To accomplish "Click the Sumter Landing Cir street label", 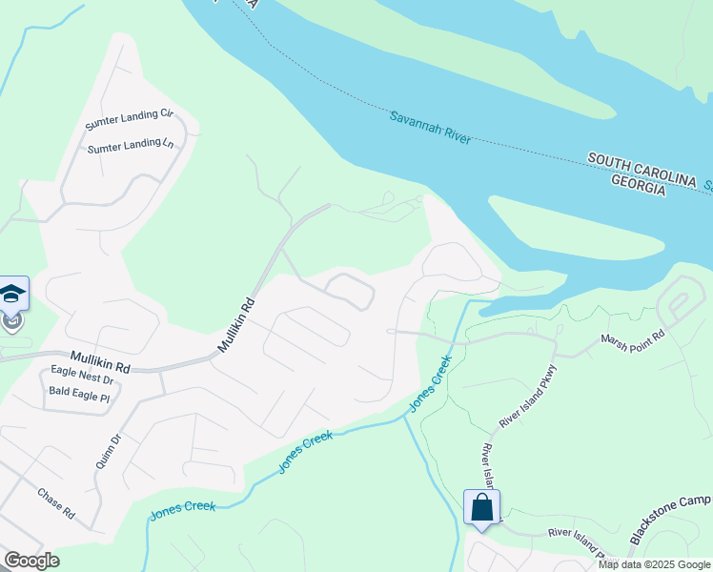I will click(129, 119).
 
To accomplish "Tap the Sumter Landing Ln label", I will click(131, 147).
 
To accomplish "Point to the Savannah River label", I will click(431, 127).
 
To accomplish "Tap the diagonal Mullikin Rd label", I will click(237, 324).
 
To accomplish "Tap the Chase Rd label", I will click(56, 503).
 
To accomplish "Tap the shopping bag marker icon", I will click(481, 506).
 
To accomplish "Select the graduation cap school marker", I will click(12, 294).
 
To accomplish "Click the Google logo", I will click(31, 561).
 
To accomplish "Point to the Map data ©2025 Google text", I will click(653, 564).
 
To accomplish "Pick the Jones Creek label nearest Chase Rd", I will click(182, 511).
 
